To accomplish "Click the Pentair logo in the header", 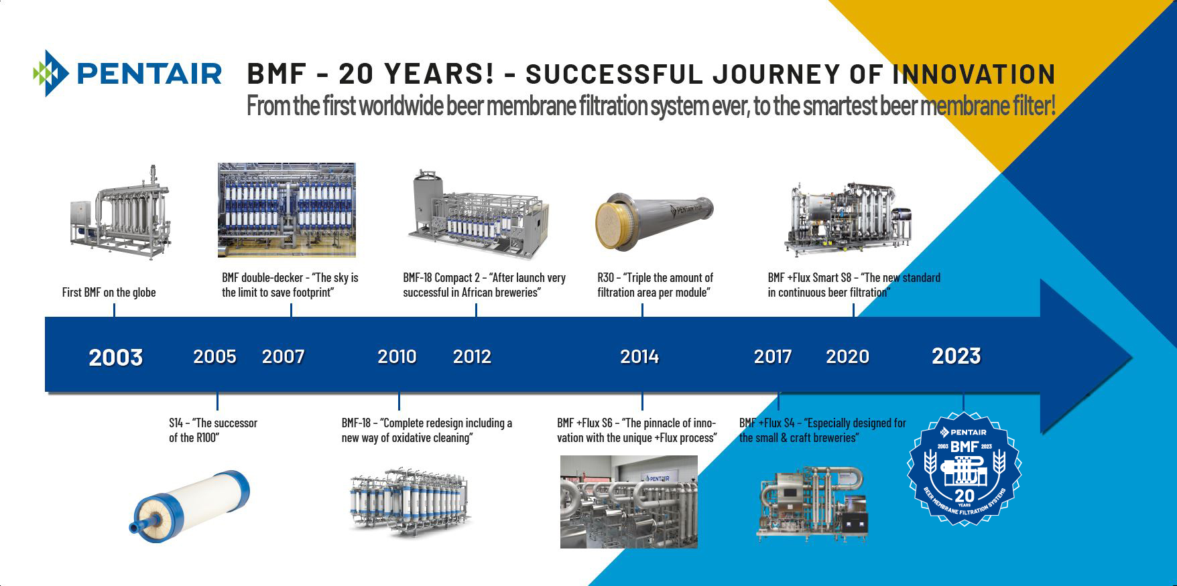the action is click(x=127, y=73).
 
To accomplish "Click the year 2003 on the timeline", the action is click(x=116, y=357).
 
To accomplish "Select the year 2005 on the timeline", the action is click(x=214, y=356).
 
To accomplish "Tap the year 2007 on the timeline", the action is click(x=283, y=356).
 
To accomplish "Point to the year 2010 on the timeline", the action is click(x=397, y=356).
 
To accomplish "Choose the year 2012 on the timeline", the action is click(x=472, y=356).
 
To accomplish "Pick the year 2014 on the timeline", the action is click(x=639, y=356).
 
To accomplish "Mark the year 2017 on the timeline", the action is click(x=773, y=356).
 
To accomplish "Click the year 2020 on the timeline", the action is click(x=847, y=356).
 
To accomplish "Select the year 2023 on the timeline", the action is click(x=956, y=356).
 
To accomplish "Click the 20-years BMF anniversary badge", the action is click(x=964, y=469).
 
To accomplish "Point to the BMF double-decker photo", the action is click(x=287, y=210).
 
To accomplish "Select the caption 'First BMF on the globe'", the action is click(x=109, y=292).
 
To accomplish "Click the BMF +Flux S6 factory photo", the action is click(x=629, y=502).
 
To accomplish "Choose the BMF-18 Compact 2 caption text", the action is click(x=484, y=285).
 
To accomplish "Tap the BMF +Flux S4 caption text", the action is click(x=822, y=430).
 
